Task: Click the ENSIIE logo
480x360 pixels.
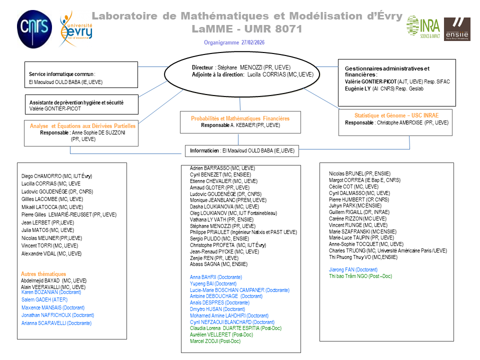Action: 457,28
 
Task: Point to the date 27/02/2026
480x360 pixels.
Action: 253,42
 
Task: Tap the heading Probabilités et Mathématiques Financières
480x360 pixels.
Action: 240,118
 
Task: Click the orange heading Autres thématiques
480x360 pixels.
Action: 43,273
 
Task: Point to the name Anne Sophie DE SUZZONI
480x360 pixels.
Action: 94,133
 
